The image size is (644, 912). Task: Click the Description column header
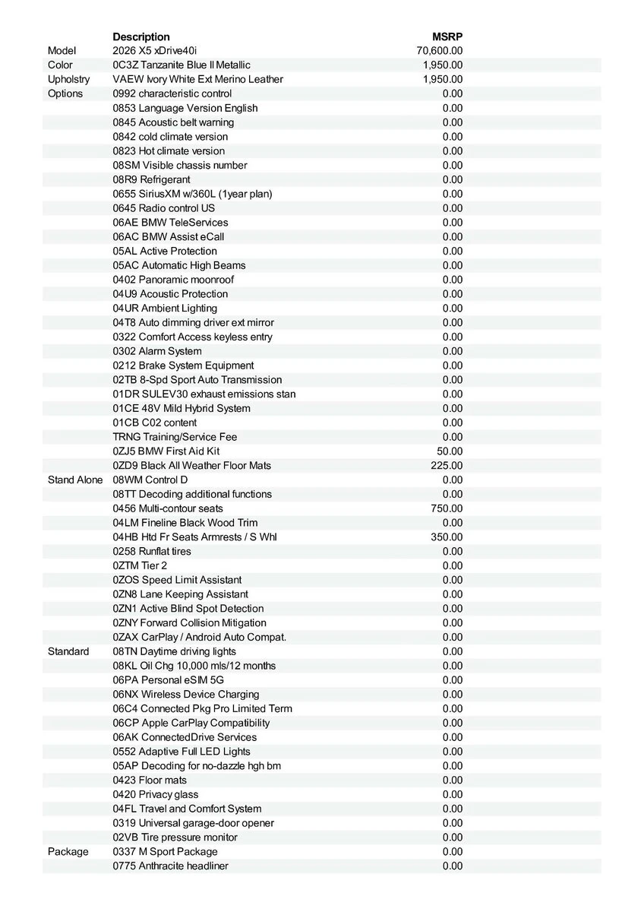141,36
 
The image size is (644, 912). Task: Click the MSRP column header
447,36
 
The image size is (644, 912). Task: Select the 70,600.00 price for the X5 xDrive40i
440,51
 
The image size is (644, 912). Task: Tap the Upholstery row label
68,79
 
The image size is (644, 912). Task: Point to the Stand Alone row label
75,480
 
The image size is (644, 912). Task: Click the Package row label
68,852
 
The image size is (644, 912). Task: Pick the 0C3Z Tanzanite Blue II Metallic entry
182,65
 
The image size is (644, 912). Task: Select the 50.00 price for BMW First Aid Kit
450,451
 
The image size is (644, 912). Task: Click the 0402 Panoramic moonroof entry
173,280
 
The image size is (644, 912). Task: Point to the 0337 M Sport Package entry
165,852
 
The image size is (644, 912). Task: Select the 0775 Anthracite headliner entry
170,866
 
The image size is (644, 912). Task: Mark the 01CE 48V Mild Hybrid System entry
182,408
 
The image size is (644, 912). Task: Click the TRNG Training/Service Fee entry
175,437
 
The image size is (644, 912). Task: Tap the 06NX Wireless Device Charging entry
186,694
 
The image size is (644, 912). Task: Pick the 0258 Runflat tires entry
152,551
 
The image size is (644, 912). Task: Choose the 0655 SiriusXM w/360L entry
192,194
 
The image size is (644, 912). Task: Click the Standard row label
68,651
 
